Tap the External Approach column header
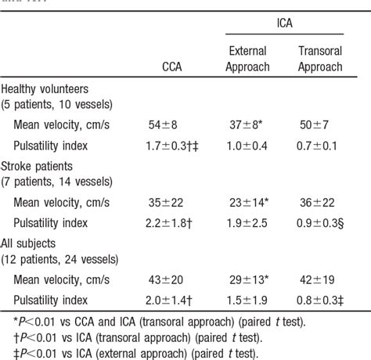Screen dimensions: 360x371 (x=247, y=59)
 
